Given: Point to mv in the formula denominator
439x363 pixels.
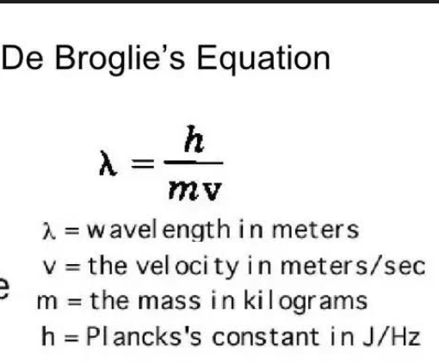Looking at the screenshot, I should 196,188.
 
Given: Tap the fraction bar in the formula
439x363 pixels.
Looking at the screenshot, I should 195,163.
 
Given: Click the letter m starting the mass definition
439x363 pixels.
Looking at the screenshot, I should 42,301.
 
